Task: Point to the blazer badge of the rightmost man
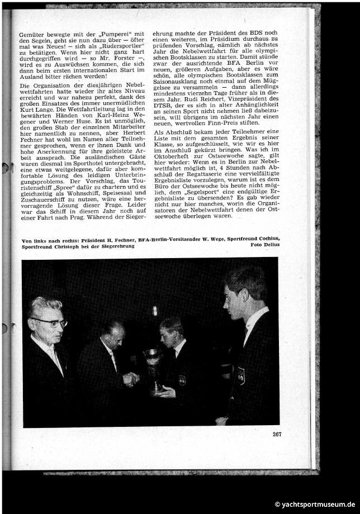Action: click(240, 375)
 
